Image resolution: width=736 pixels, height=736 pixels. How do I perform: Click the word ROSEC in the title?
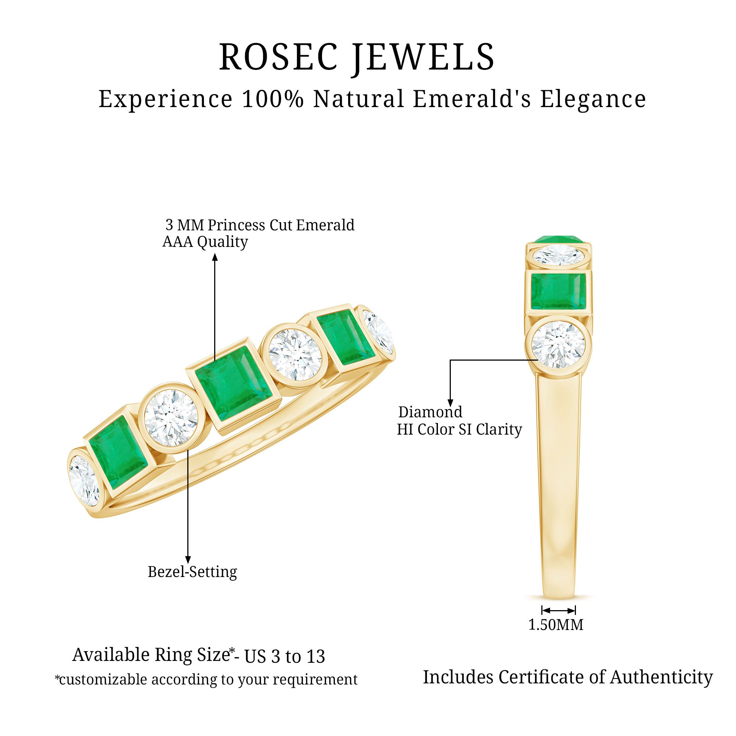pos(279,57)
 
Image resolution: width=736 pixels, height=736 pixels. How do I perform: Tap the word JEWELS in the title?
pos(423,57)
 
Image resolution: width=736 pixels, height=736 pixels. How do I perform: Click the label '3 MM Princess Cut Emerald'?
pos(260,225)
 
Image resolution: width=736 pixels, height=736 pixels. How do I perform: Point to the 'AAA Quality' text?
pos(205,242)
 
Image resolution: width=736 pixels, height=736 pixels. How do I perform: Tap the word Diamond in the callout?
pos(430,412)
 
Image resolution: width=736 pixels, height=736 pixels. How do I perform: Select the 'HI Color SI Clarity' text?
pos(459,429)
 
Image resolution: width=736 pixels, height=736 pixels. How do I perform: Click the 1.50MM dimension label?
pos(556,625)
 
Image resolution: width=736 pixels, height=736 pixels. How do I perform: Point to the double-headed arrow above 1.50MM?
pos(559,611)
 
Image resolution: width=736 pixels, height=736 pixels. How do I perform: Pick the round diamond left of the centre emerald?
pos(168,418)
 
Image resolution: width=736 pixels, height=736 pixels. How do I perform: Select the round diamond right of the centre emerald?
pos(295,355)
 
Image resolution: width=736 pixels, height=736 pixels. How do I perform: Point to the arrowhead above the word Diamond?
pos(450,403)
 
